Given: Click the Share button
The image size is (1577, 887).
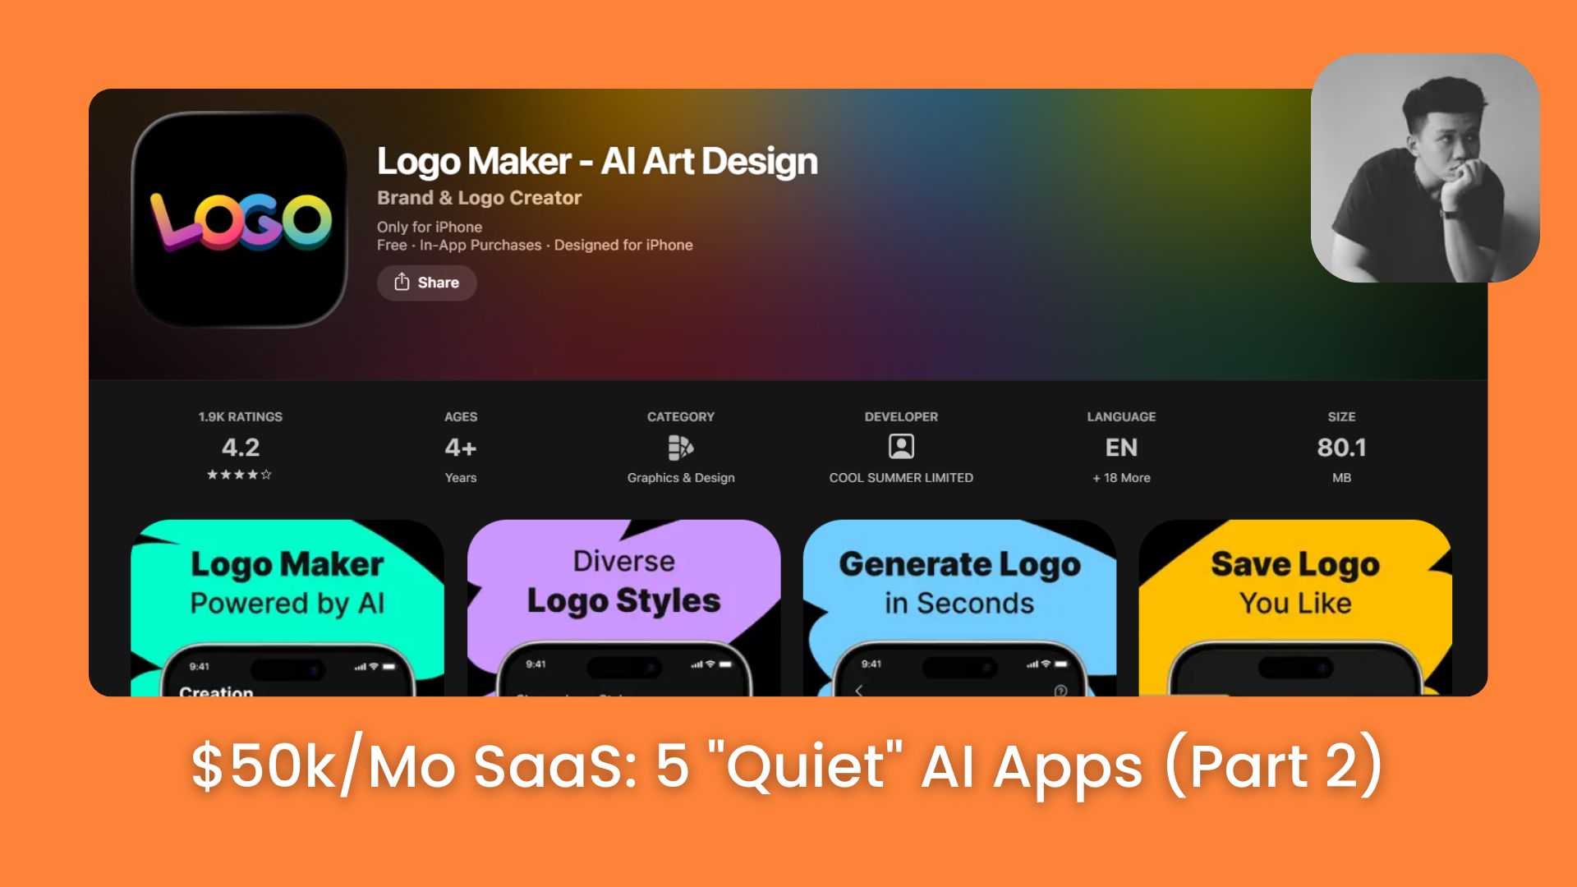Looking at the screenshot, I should coord(426,283).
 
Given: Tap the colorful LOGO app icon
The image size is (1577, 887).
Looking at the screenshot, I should coord(240,220).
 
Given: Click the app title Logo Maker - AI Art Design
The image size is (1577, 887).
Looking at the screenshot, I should coord(597,162).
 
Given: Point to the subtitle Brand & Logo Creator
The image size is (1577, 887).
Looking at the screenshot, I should coord(479,198).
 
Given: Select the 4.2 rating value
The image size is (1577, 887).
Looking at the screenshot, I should coord(240,448).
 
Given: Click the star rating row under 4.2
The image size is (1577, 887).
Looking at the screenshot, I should coord(239,475).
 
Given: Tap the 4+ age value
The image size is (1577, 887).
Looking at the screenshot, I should coord(460,448).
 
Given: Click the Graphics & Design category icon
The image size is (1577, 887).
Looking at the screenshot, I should coord(680,448).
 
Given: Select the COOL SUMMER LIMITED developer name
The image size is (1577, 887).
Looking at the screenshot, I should coord(901,478).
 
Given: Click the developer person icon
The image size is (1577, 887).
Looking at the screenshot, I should coord(901,447).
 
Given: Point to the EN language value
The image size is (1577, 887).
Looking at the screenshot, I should coord(1121,448).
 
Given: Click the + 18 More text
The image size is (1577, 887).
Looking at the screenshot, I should coord(1121,478).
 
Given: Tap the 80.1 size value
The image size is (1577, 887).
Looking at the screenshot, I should coord(1341,448).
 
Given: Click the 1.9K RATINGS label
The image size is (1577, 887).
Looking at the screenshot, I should coord(240,417).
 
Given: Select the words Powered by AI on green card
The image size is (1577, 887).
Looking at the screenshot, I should coord(287,604).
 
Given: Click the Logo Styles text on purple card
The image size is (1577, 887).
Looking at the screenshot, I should coord(623,601).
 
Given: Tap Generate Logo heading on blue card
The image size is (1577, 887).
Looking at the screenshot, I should coord(959,565).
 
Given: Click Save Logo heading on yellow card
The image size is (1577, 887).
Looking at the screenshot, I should coord(1295,565).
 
